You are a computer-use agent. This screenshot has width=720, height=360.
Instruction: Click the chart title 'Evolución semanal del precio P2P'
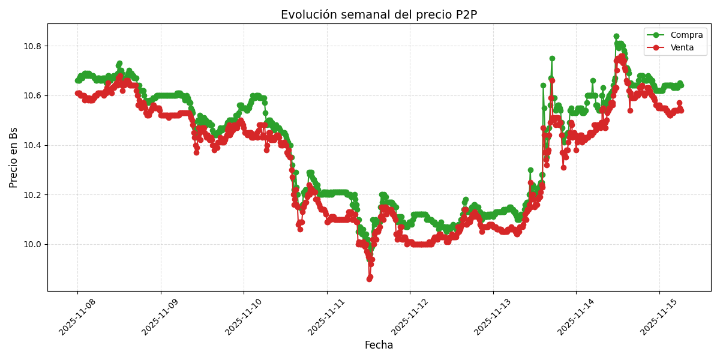[379, 15]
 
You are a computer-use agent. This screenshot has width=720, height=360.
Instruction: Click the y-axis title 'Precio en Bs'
[14, 157]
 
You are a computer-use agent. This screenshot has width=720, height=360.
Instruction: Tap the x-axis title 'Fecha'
[379, 345]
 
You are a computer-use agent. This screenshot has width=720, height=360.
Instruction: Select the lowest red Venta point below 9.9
[369, 278]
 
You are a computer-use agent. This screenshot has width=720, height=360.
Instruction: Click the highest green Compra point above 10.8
[616, 37]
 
